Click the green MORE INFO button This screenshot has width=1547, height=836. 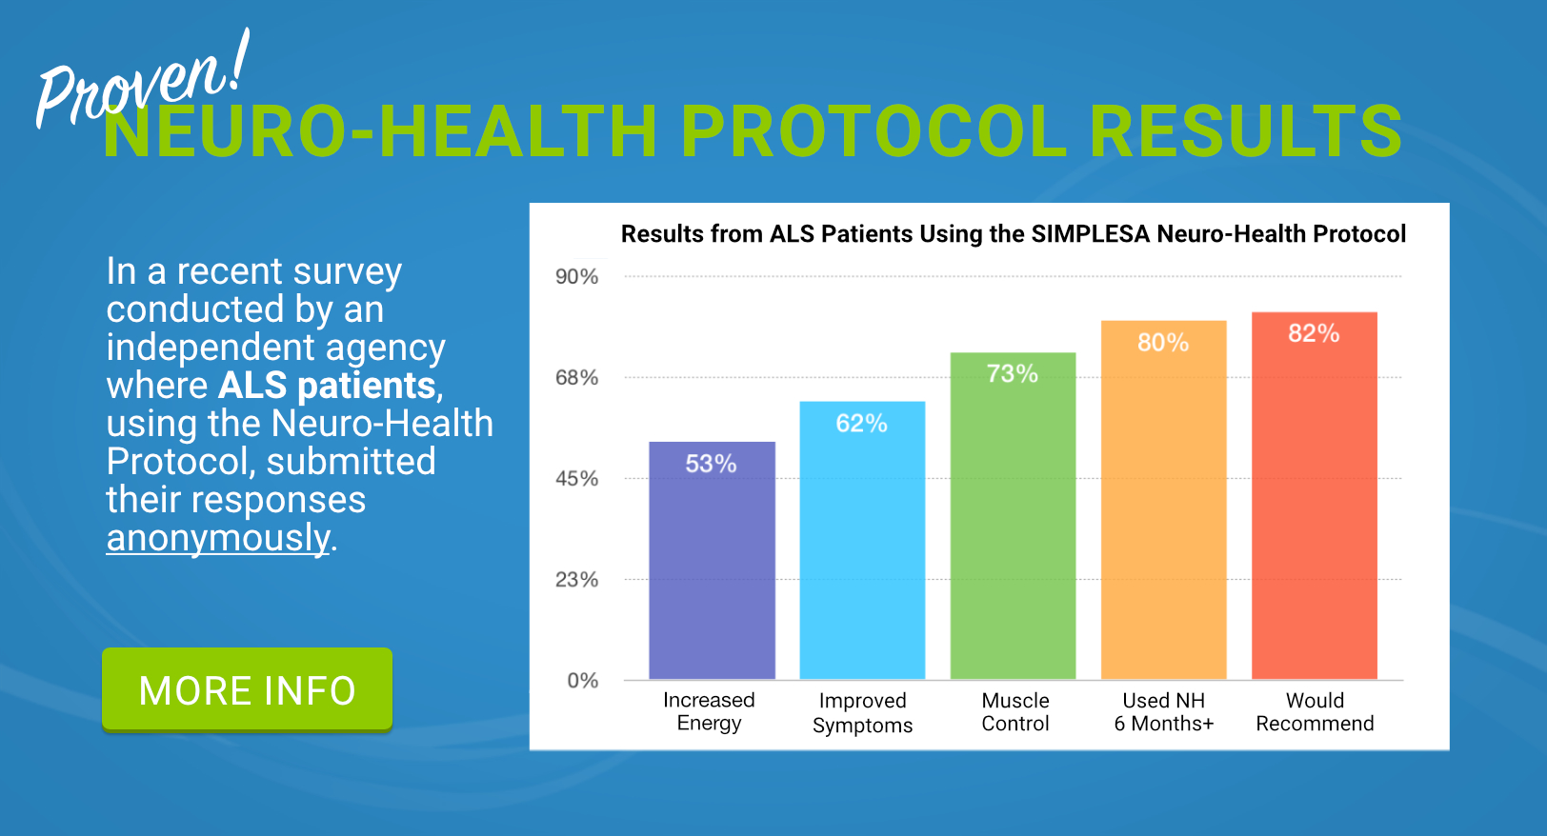[247, 689]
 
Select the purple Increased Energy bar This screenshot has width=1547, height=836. [712, 571]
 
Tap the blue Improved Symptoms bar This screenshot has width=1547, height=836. [862, 552]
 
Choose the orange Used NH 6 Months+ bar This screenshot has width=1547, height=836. [1163, 514]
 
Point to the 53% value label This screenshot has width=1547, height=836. [712, 464]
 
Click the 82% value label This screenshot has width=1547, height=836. [1314, 333]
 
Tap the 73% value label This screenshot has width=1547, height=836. [1013, 373]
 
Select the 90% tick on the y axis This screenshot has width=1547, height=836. [576, 277]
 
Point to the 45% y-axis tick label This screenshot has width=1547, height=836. [576, 479]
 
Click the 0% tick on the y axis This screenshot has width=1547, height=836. [582, 681]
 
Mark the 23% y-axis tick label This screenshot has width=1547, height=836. [576, 580]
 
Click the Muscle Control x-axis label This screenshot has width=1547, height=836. [1015, 712]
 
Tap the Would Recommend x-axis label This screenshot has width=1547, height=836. [1315, 712]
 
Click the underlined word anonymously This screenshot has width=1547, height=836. [218, 538]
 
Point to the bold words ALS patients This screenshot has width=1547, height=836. [327, 386]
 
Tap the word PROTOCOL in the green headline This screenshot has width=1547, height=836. [874, 131]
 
